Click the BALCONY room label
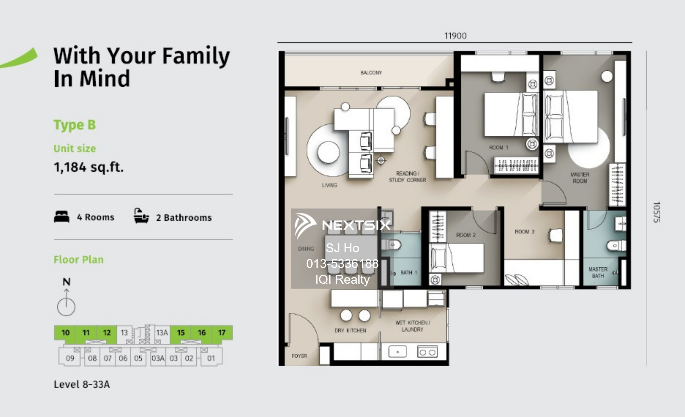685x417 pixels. pyautogui.click(x=371, y=73)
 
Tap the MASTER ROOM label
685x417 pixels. pyautogui.click(x=580, y=178)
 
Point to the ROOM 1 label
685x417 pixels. pyautogui.click(x=499, y=148)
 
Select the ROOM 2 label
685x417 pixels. pyautogui.click(x=466, y=235)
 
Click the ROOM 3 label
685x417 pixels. pyautogui.click(x=524, y=232)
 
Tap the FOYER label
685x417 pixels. pyautogui.click(x=299, y=356)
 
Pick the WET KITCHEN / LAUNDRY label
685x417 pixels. pyautogui.click(x=413, y=326)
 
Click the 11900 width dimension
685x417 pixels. pyautogui.click(x=455, y=36)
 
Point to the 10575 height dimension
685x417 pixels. pyautogui.click(x=656, y=212)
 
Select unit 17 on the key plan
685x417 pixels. pyautogui.click(x=222, y=333)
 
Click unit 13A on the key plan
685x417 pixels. pyautogui.click(x=162, y=333)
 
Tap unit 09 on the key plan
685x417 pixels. pyautogui.click(x=70, y=358)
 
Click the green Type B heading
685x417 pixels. pyautogui.click(x=75, y=125)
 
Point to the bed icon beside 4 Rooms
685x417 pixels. pyautogui.click(x=62, y=217)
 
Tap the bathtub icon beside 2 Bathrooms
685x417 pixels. pyautogui.click(x=141, y=216)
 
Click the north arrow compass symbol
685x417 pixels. pyautogui.click(x=66, y=302)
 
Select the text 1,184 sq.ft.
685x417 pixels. pyautogui.click(x=89, y=167)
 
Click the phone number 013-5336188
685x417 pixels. pyautogui.click(x=342, y=263)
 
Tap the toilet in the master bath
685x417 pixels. pyautogui.click(x=616, y=245)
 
